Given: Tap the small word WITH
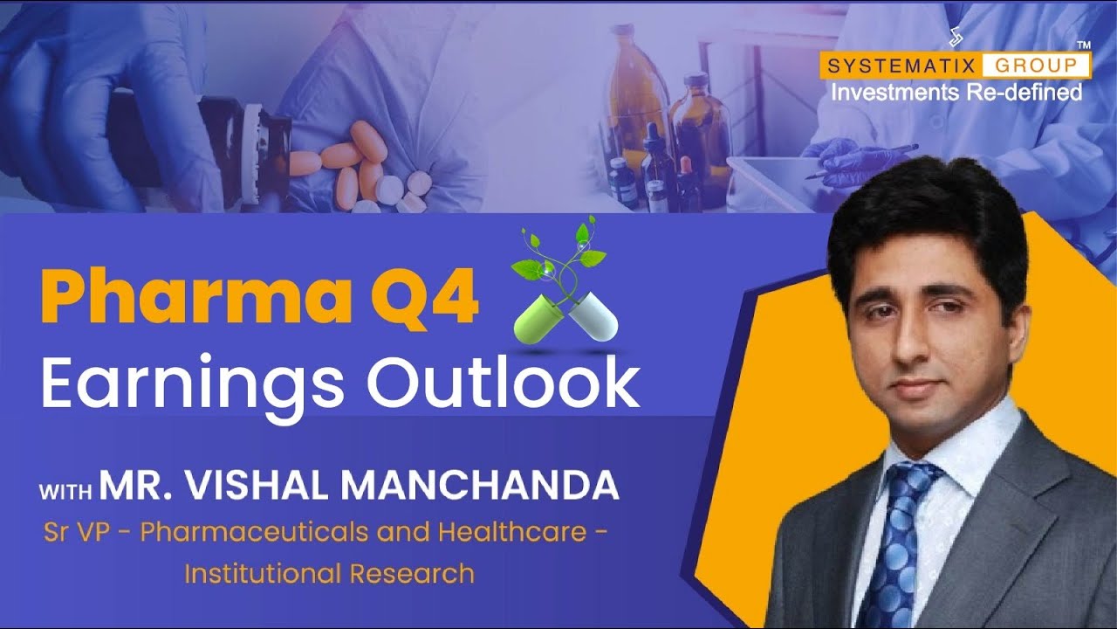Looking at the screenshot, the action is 65,492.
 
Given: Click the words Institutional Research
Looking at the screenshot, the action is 329,572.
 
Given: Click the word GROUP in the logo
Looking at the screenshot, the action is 1035,65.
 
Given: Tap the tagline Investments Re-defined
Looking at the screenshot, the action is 956,93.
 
